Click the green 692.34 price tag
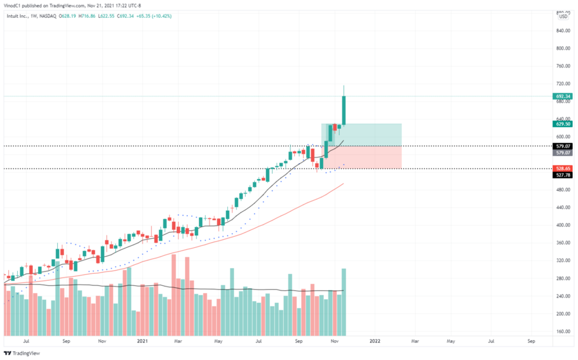coord(563,97)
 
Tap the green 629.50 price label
coord(563,124)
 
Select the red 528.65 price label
coord(563,168)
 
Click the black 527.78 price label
coord(563,175)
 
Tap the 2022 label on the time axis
coord(375,342)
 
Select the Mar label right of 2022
coord(414,342)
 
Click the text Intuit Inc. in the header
coord(17,16)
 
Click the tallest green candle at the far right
coord(344,110)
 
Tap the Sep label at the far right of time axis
coord(531,342)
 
